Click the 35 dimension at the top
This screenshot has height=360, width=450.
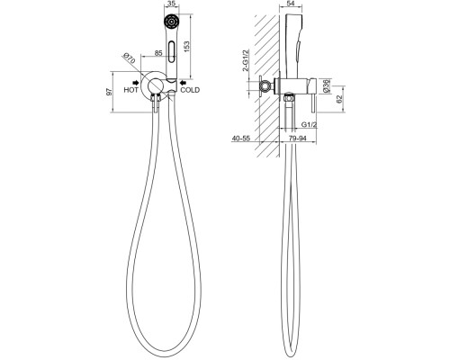click(171, 4)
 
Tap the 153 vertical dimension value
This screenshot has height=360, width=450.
click(186, 46)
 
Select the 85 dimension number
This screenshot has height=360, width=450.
click(158, 53)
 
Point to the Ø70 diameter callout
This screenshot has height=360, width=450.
click(130, 58)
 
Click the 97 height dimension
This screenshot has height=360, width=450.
click(110, 92)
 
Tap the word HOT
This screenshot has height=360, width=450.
click(131, 90)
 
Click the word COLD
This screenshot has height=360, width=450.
click(190, 90)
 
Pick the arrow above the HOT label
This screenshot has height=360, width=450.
click(135, 82)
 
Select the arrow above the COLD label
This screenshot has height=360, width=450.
click(183, 82)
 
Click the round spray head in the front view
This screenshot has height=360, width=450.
click(171, 22)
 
